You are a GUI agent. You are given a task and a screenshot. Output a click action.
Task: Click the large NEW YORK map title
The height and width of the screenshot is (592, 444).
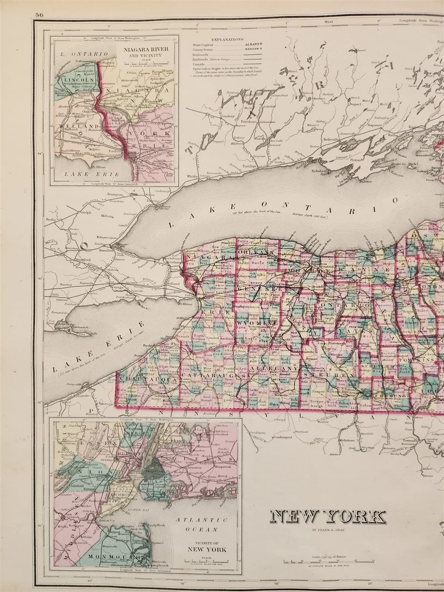pyautogui.click(x=328, y=517)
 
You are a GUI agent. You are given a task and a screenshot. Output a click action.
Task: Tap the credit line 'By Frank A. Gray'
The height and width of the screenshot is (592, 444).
pyautogui.click(x=328, y=532)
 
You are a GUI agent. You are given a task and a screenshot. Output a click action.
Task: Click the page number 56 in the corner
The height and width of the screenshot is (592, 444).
pyautogui.click(x=39, y=15)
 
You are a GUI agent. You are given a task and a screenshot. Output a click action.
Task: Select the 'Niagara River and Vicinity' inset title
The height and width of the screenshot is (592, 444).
pyautogui.click(x=145, y=52)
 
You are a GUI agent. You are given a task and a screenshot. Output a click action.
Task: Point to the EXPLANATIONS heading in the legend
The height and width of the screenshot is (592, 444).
pyautogui.click(x=227, y=40)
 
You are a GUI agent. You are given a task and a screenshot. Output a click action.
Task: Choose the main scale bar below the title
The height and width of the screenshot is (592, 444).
pyautogui.click(x=328, y=562)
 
